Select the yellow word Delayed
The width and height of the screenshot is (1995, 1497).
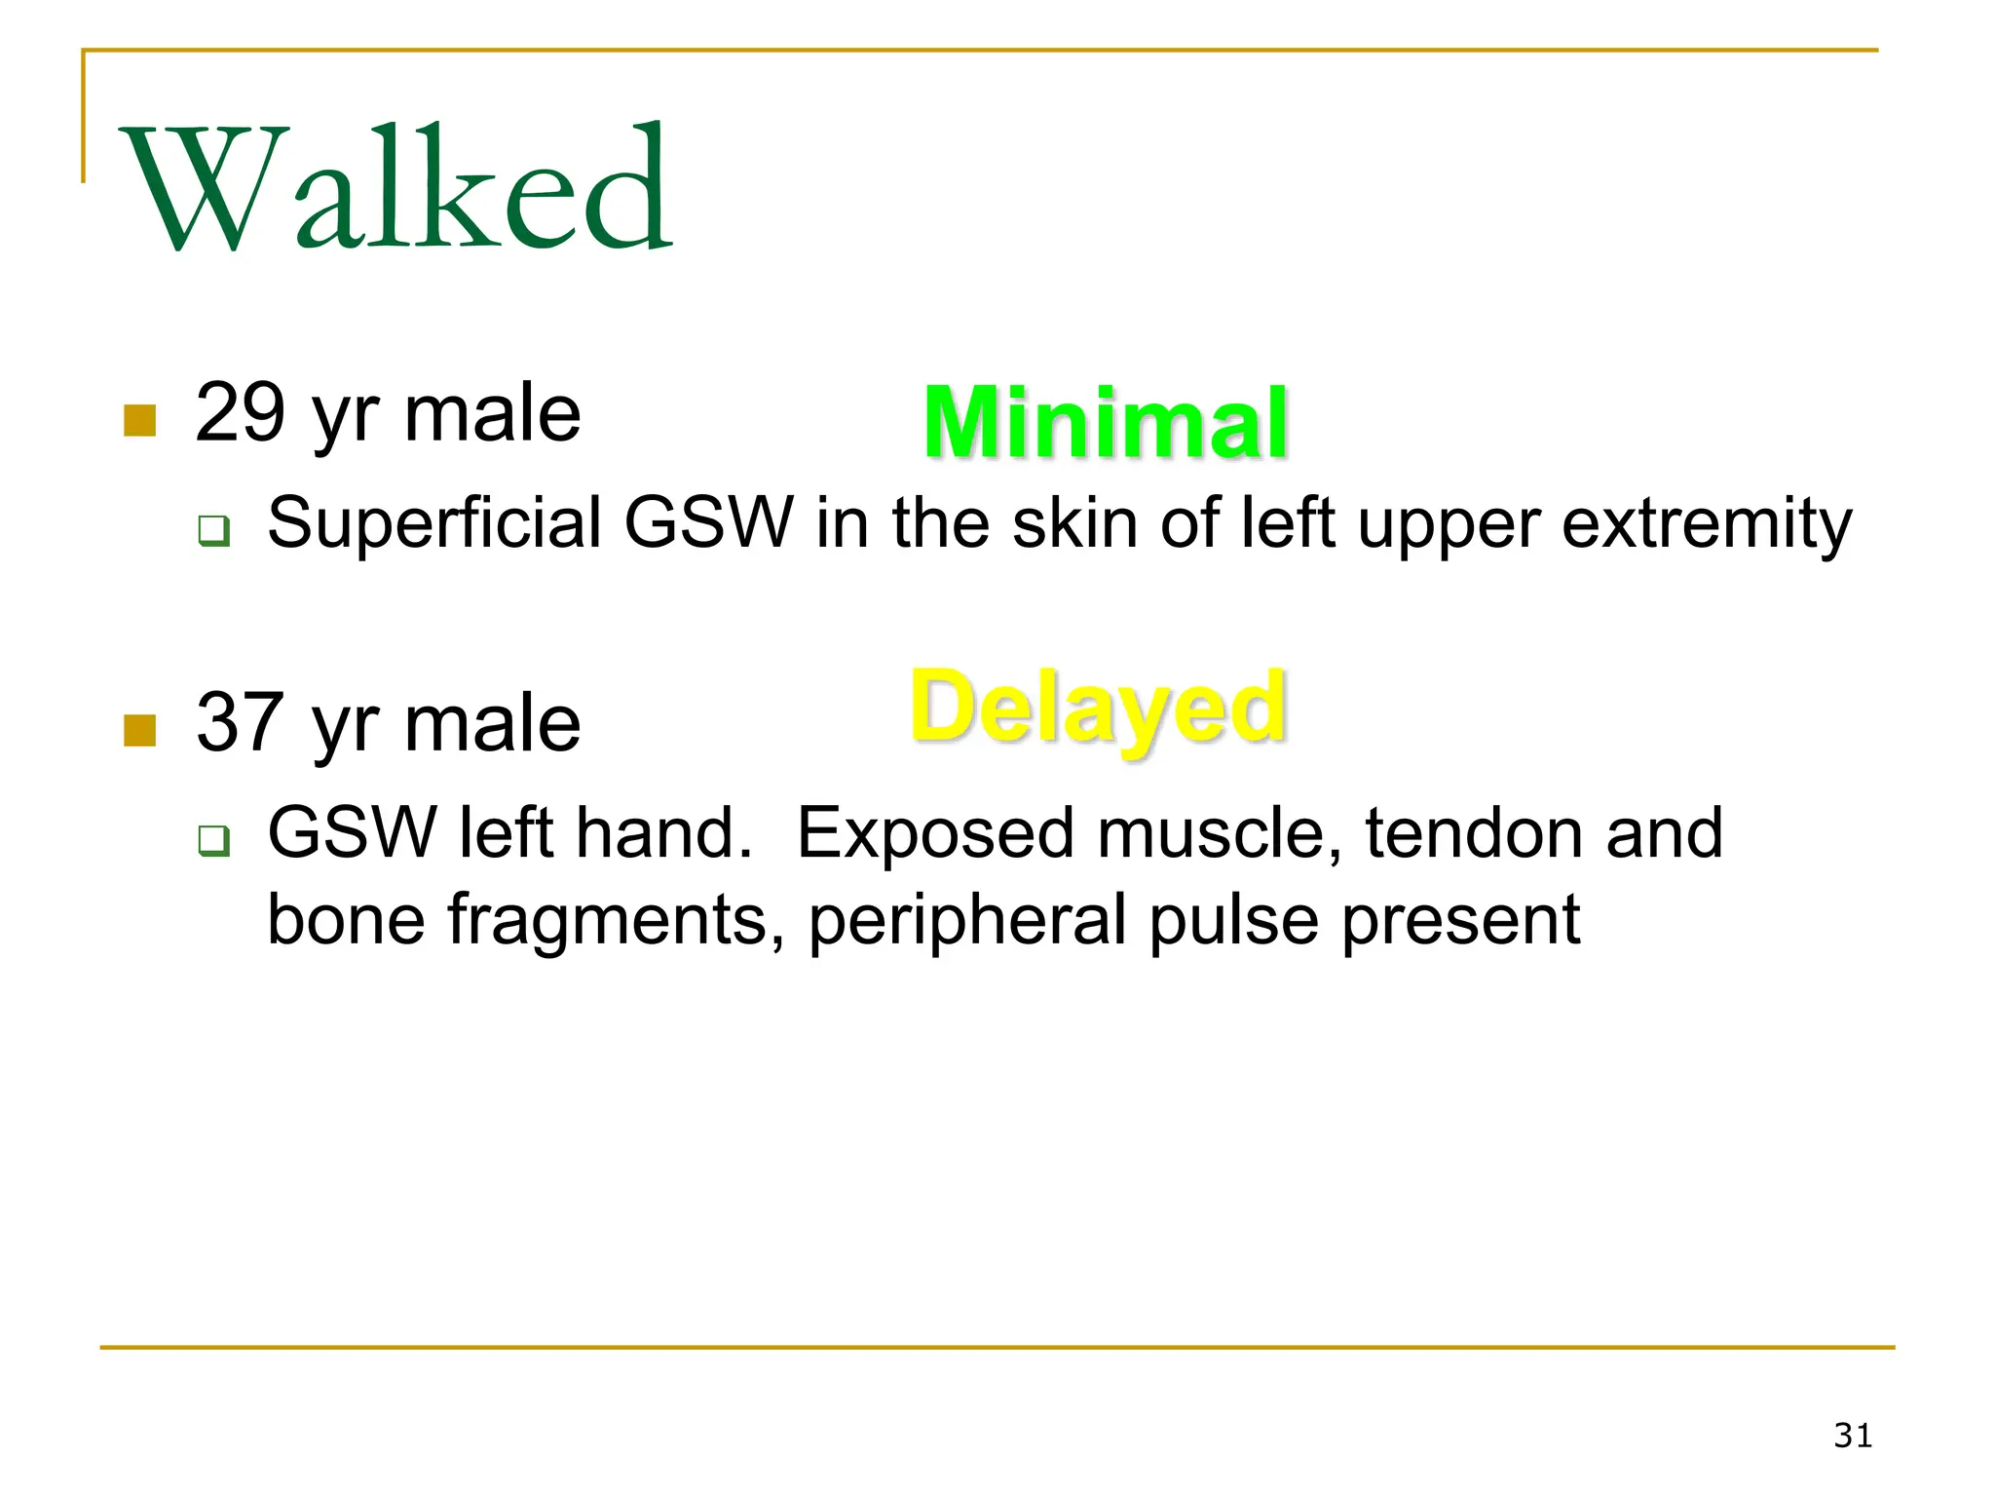point(1098,708)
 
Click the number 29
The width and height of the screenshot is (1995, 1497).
point(240,413)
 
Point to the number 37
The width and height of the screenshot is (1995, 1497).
point(240,722)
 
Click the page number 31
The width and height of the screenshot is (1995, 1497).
point(1852,1436)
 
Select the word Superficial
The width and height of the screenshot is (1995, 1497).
point(434,523)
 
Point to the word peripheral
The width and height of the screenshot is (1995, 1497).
point(967,921)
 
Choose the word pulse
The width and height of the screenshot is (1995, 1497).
point(1233,921)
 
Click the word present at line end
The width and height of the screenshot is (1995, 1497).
point(1460,921)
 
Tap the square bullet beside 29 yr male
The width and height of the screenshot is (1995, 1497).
point(140,421)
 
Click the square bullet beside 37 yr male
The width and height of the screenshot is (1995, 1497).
point(140,730)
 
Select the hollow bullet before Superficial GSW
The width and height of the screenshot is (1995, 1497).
point(213,531)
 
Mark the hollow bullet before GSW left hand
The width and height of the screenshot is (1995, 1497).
point(213,840)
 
